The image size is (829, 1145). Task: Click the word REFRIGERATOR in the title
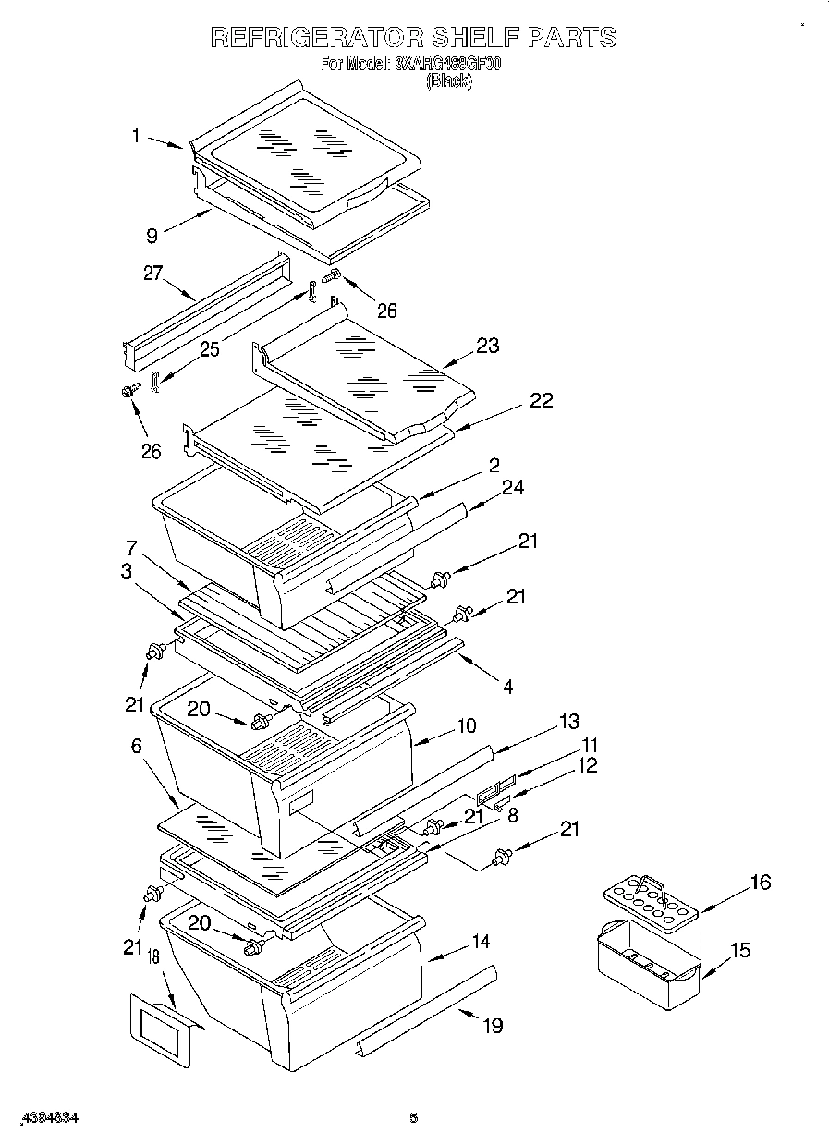[x=317, y=38]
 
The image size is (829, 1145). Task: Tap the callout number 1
[x=136, y=135]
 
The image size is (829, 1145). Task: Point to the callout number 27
[x=152, y=274]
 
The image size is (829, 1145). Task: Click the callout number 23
[x=487, y=346]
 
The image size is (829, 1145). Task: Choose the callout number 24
[x=512, y=487]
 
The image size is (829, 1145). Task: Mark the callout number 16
[x=759, y=882]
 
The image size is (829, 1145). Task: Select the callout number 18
[x=153, y=958]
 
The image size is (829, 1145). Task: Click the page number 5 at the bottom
[x=414, y=1118]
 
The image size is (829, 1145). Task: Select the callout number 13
[x=568, y=722]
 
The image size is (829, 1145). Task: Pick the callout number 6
[x=137, y=745]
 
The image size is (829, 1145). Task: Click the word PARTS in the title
[x=572, y=38]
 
